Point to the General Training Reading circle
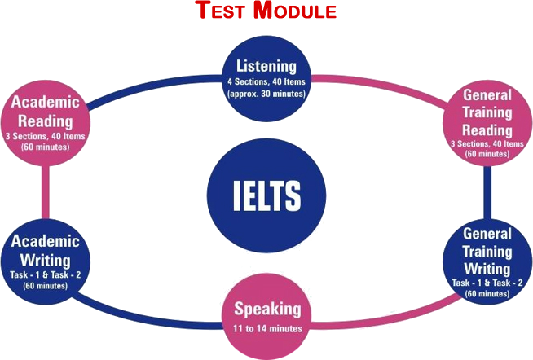[x=487, y=121]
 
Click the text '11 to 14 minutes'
[x=266, y=328]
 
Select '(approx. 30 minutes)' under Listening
[x=266, y=94]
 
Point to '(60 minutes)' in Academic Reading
[x=46, y=148]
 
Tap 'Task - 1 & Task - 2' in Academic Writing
[x=46, y=274]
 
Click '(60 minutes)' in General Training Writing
[x=487, y=292]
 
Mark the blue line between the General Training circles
[x=487, y=191]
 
